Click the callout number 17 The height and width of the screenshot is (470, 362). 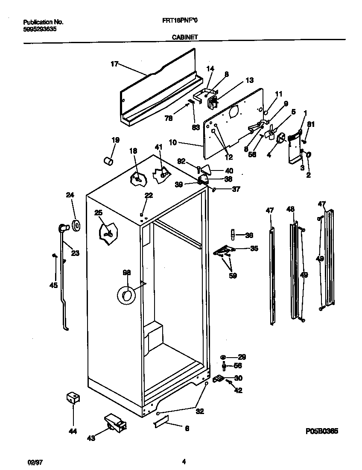pos(114,65)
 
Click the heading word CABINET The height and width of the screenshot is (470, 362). pos(184,37)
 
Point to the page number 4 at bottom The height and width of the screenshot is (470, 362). pos(184,461)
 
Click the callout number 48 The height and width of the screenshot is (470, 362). pos(291,209)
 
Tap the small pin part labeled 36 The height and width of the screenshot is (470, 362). pos(233,235)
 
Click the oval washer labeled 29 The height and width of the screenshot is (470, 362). pos(224,357)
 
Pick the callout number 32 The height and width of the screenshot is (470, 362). pos(199,411)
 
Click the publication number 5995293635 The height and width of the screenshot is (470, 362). pos(39,29)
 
